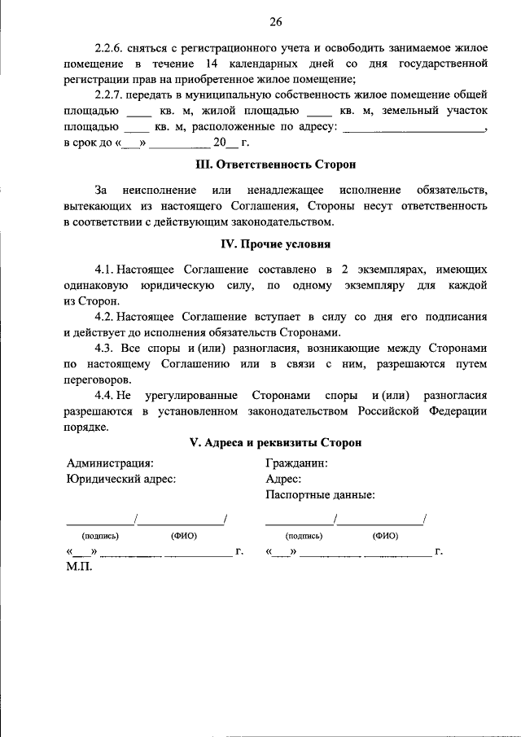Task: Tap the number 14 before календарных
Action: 239,63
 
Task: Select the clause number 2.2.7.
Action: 109,94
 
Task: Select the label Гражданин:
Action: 296,463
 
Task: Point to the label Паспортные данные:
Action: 320,494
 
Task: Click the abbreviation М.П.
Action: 79,567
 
